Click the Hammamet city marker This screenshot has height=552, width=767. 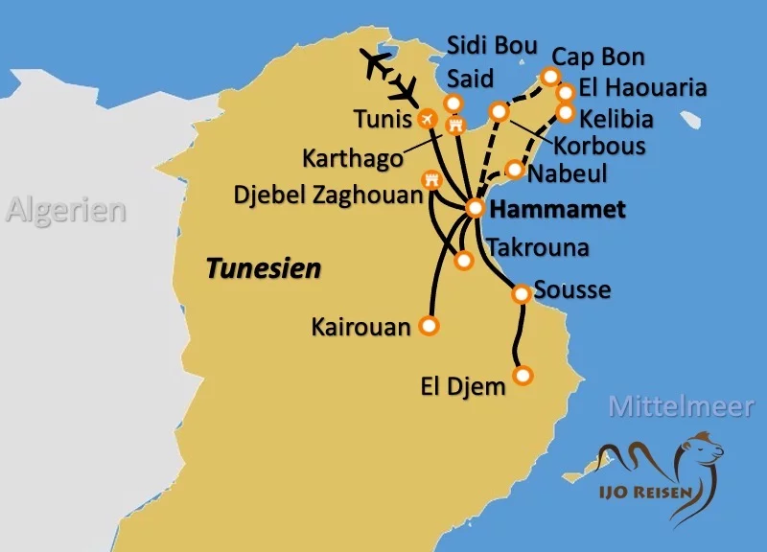click(x=476, y=208)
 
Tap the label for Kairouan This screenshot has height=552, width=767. click(x=360, y=327)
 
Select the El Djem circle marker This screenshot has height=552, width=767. click(x=523, y=374)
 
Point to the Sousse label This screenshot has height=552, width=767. click(x=572, y=289)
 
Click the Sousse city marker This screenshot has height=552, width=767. click(x=521, y=293)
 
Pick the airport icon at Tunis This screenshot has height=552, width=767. click(x=429, y=119)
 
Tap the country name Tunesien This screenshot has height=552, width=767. click(x=264, y=268)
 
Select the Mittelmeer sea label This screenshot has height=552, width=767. click(x=681, y=406)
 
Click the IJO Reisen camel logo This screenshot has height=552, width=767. click(x=661, y=471)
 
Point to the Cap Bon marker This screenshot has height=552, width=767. click(x=550, y=76)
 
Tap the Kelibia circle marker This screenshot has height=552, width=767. click(x=566, y=113)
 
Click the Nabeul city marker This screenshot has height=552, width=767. click(x=515, y=170)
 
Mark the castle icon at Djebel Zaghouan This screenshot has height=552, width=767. click(x=431, y=178)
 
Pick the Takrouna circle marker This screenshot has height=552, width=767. click(x=464, y=260)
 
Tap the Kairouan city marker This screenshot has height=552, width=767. click(x=429, y=326)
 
